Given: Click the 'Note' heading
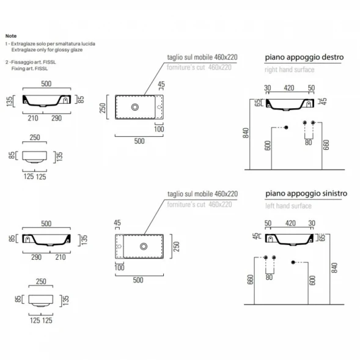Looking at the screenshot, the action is (x=11, y=36).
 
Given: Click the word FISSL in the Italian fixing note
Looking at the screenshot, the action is (x=50, y=62).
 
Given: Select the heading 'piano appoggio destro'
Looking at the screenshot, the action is (x=304, y=57).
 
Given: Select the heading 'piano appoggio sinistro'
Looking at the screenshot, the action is (x=306, y=194).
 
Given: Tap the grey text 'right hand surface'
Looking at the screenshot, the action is (x=290, y=70).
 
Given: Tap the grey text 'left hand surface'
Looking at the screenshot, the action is (x=288, y=206).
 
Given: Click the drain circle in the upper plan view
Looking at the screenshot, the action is (x=135, y=107).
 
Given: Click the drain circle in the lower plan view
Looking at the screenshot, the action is (x=144, y=246).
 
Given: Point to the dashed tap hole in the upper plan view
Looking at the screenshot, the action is (x=159, y=107).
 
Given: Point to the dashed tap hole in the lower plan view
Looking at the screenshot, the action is (x=119, y=246).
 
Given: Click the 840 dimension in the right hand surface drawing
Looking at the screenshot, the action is (x=246, y=133).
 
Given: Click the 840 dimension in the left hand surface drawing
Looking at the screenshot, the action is (x=334, y=268).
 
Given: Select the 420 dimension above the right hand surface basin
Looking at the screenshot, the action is (x=289, y=88).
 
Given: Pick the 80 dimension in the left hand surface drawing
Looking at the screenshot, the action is (x=269, y=277).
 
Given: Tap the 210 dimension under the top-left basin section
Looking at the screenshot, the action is (x=33, y=118).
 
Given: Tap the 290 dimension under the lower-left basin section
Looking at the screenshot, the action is (x=36, y=257).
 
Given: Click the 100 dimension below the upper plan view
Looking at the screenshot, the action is (x=159, y=129).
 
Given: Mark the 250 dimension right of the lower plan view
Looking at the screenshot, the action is (x=176, y=246).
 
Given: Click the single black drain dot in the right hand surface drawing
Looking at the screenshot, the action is (x=286, y=127).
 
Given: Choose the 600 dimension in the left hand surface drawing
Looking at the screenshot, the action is (x=312, y=281).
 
